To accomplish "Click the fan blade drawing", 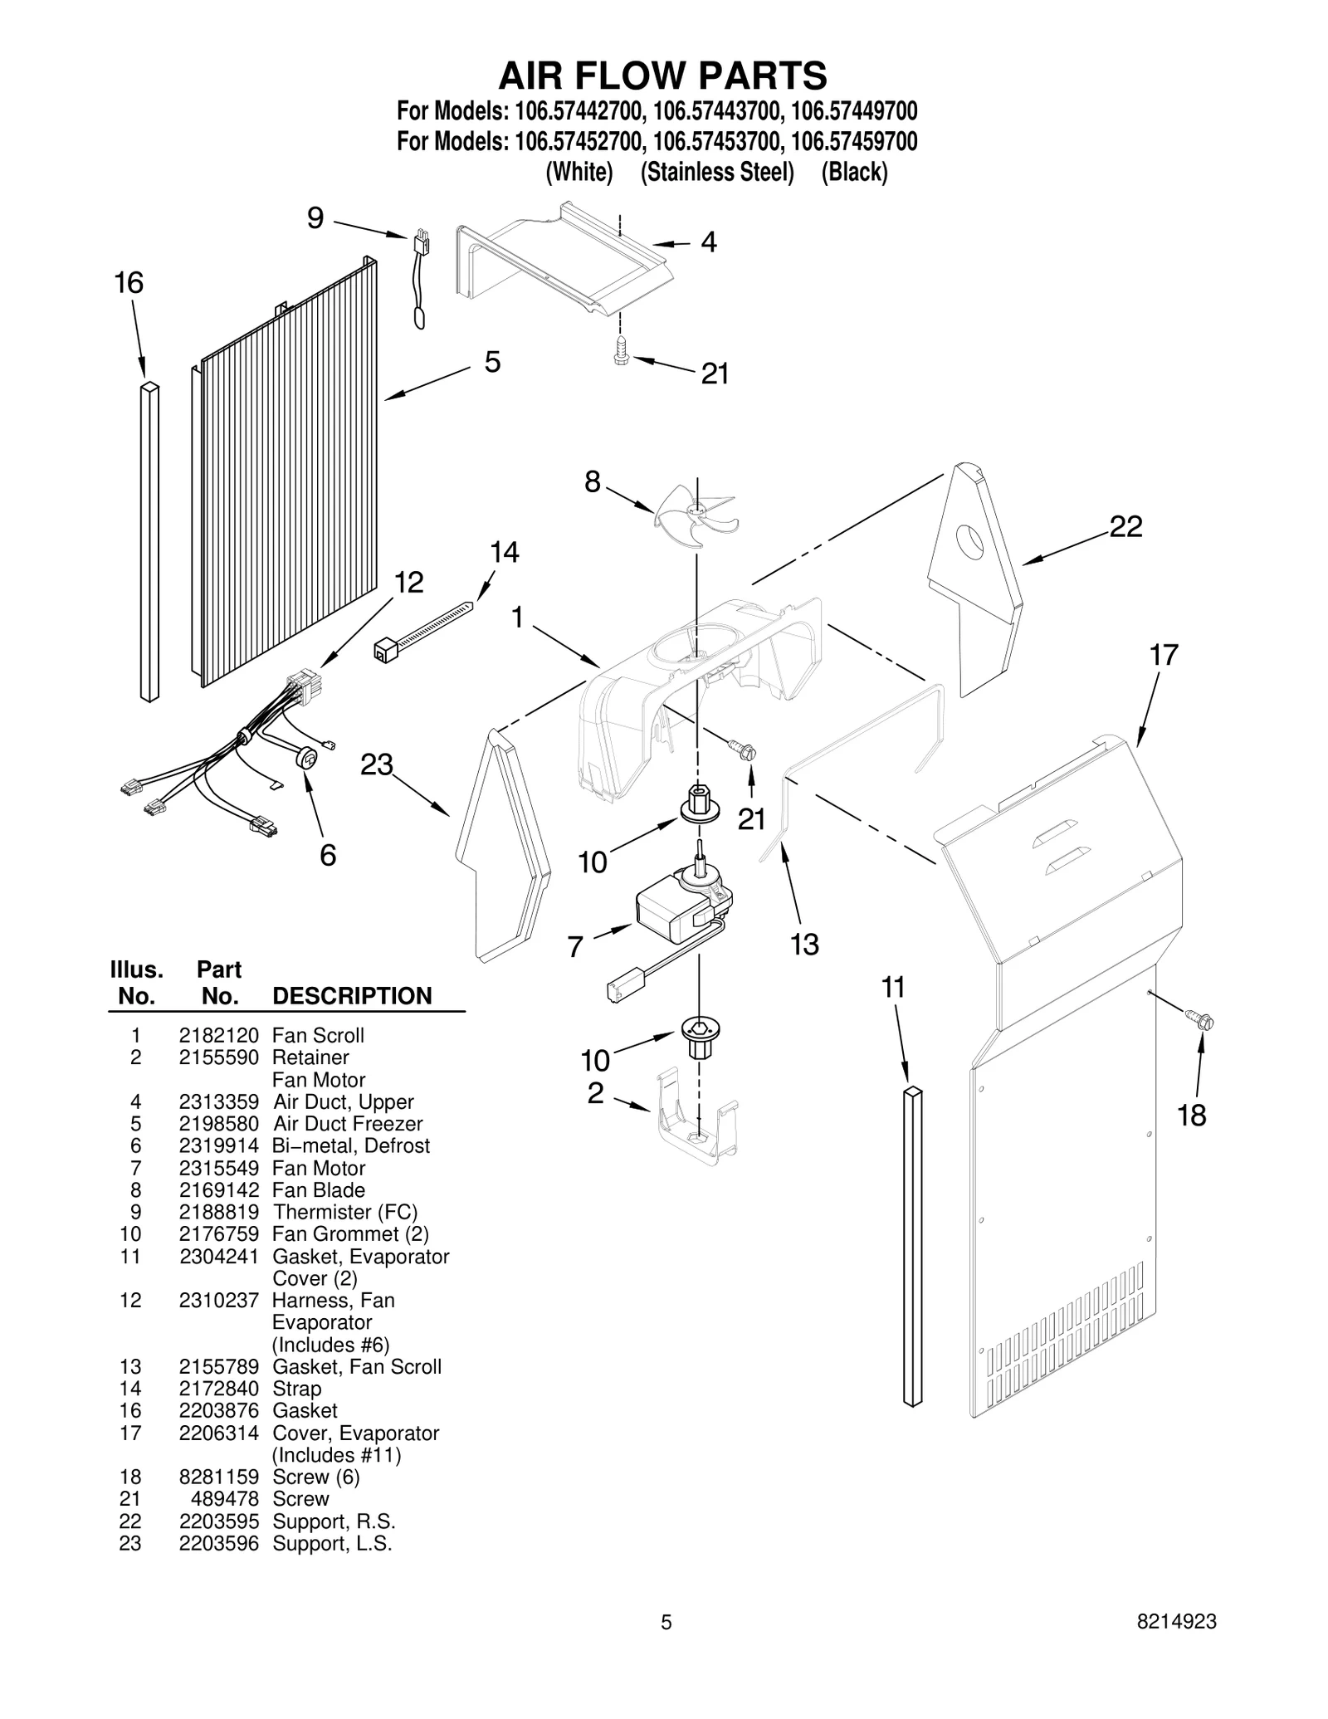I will click(696, 515).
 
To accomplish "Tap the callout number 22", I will click(1125, 526).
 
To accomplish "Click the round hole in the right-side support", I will click(969, 541).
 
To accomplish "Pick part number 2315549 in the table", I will click(218, 1168).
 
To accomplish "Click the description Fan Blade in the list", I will click(319, 1189).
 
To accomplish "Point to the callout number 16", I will click(129, 283).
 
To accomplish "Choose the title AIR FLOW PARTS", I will click(662, 76).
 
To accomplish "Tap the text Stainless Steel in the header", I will click(717, 173).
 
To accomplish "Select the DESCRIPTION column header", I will click(352, 996).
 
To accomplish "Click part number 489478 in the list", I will click(225, 1499).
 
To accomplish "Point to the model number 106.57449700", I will click(854, 110).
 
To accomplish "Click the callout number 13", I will click(804, 944).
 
